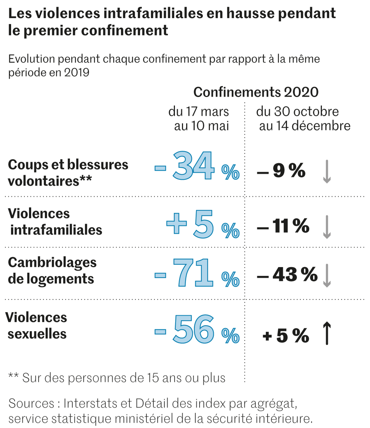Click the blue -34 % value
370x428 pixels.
pos(197,167)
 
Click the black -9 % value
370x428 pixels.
pos(281,170)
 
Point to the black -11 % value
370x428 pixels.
pos(283,226)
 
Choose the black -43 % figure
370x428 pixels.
pos(287,275)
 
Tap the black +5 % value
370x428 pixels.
pos(286,335)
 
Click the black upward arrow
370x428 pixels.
pos(327,333)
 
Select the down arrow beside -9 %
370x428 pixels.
pos(327,172)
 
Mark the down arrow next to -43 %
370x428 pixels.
pos(327,276)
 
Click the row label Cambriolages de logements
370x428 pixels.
pos(52,270)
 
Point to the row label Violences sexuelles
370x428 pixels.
pos(36,326)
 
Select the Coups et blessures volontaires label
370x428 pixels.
pos(68,173)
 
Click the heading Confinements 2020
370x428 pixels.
pos(256,92)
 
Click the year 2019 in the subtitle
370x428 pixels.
pos(77,73)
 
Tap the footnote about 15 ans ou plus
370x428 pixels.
pos(117,378)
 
